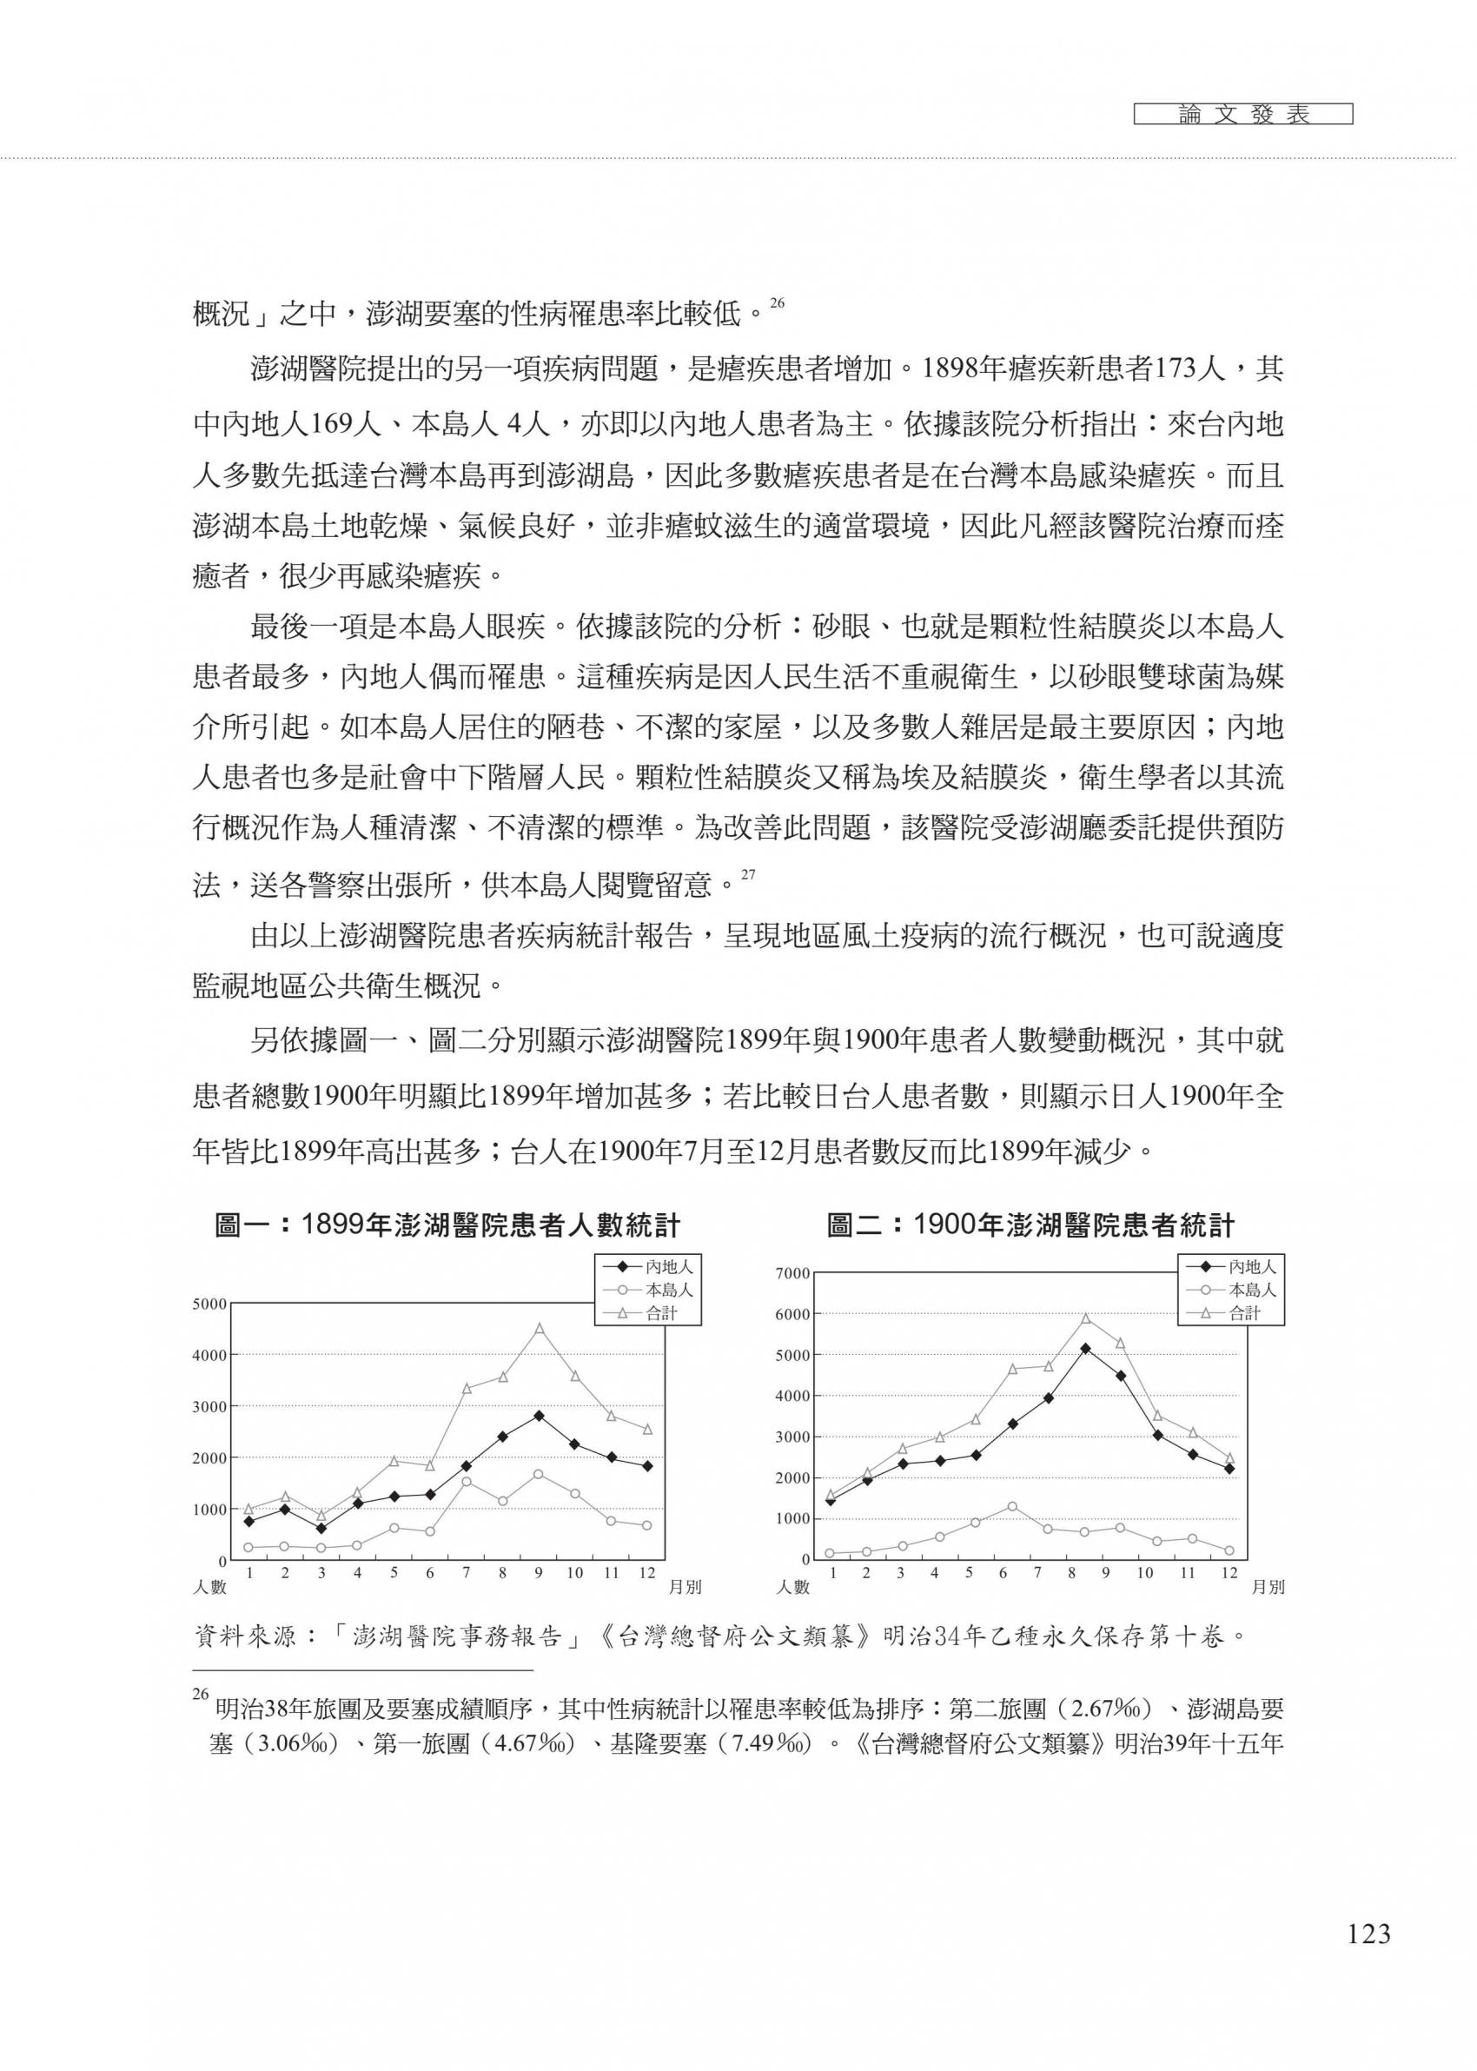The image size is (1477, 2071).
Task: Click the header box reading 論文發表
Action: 1243,116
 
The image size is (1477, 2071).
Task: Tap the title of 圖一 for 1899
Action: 447,1226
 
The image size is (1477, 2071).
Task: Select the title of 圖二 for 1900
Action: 1030,1226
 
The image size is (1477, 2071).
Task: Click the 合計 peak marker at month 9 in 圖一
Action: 539,1329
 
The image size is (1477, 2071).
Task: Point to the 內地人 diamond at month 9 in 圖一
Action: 539,1416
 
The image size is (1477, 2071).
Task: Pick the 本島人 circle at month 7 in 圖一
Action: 466,1482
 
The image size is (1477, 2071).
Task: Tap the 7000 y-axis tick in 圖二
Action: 792,1273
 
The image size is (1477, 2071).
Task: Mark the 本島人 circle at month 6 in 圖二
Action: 1012,1507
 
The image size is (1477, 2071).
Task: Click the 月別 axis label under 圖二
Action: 1268,1587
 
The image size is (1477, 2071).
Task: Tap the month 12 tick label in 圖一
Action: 646,1572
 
